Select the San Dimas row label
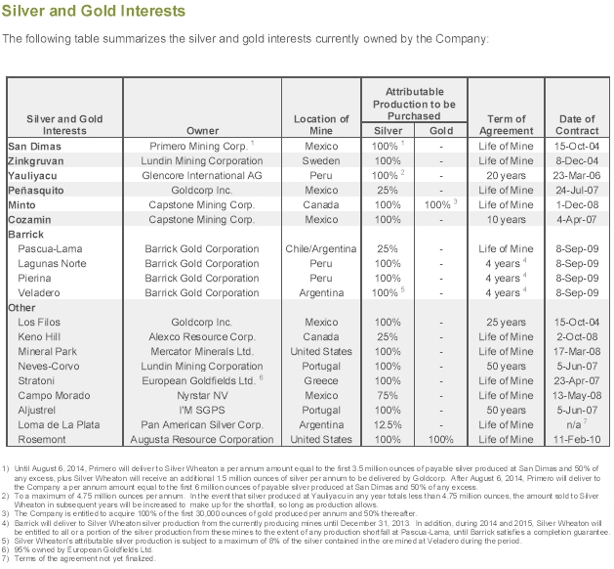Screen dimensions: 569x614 35,146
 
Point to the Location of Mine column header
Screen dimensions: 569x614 321,125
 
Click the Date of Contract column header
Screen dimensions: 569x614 575,125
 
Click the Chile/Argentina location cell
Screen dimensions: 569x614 321,249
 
